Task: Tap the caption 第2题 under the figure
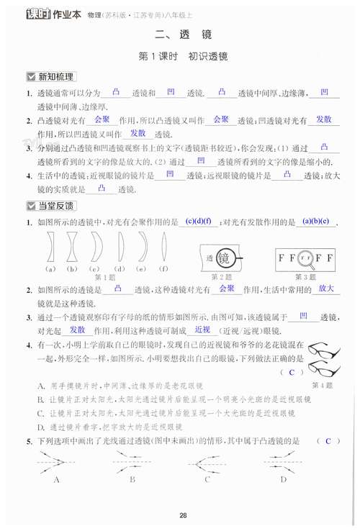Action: click(224, 276)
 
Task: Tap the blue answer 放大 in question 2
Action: click(325, 289)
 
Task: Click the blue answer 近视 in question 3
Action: click(202, 329)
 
